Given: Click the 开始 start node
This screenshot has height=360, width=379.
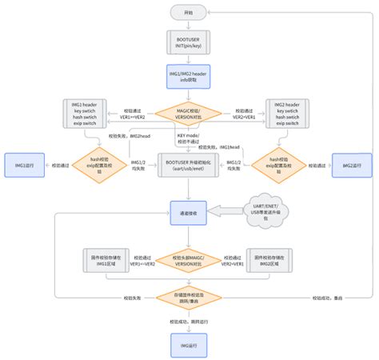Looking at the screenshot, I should click(189, 13).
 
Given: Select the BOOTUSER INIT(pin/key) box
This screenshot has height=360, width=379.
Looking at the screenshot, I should click(189, 45).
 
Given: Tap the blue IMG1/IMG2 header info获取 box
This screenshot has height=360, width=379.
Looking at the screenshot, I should click(189, 78).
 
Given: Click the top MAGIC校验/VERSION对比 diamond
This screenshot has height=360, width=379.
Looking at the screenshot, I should click(189, 114).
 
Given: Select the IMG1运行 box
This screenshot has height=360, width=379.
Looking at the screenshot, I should click(24, 166).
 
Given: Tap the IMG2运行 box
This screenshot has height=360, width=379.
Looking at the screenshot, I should click(352, 166).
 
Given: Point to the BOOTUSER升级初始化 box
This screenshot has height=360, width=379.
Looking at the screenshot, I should click(189, 165).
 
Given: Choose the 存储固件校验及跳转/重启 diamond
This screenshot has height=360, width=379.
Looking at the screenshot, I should click(189, 299).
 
